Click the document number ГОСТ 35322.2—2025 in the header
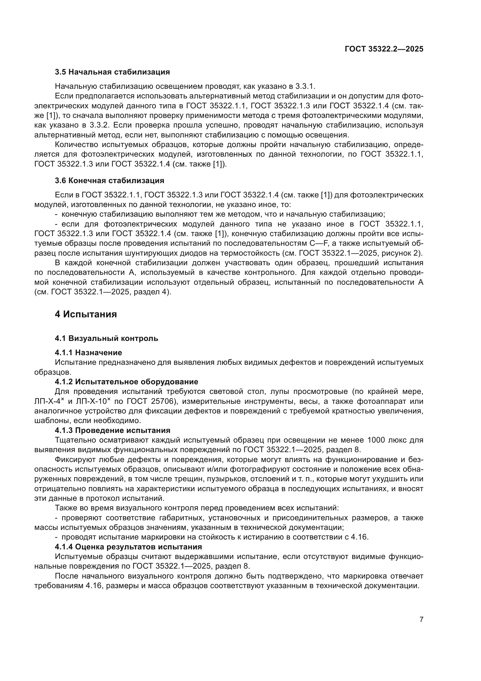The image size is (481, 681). tap(384, 49)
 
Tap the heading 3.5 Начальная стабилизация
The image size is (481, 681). tap(112, 72)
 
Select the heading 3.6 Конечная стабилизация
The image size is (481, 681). tap(109, 181)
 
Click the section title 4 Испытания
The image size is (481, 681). tap(85, 314)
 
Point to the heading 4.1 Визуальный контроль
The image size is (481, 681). tap(106, 338)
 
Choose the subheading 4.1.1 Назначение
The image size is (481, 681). tap(88, 353)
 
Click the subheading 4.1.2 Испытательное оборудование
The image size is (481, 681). tap(127, 382)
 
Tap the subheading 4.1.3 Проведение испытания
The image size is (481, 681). tap(113, 430)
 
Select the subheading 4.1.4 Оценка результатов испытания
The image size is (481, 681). tap(128, 547)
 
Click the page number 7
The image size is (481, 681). tap(421, 619)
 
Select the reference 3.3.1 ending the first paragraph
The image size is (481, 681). tap(305, 86)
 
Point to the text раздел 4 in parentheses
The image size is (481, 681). tap(152, 292)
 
